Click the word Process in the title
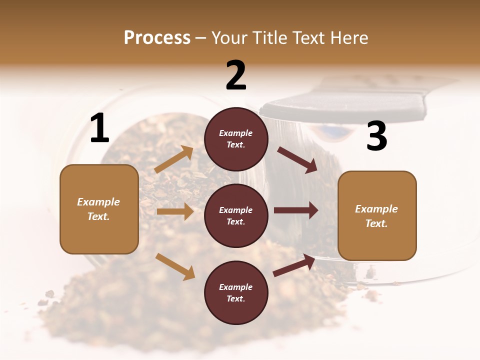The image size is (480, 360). pyautogui.click(x=157, y=37)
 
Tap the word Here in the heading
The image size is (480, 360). pyautogui.click(x=349, y=37)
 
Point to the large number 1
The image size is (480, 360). pyautogui.click(x=99, y=128)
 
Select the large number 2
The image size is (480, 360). pyautogui.click(x=236, y=76)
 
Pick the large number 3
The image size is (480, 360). pyautogui.click(x=376, y=136)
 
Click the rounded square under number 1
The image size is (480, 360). pyautogui.click(x=99, y=209)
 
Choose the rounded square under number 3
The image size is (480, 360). pyautogui.click(x=377, y=216)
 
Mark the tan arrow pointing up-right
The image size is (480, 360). pyautogui.click(x=174, y=159)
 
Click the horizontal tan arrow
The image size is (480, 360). pyautogui.click(x=175, y=211)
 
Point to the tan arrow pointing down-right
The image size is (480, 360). pyautogui.click(x=175, y=266)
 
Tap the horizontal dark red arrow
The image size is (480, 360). pyautogui.click(x=296, y=210)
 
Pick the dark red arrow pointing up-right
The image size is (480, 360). pyautogui.click(x=294, y=265)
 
